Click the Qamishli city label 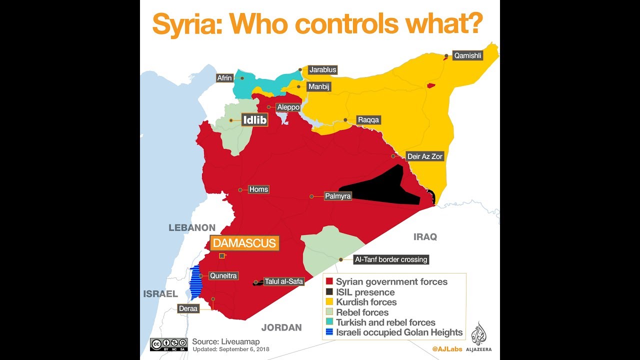coord(467,56)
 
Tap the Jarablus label coord(322,69)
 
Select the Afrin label coord(224,78)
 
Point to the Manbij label coord(319,87)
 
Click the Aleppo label coord(289,107)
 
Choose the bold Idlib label coord(254,120)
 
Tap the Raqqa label coord(368,120)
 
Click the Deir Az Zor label coord(425,156)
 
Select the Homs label coord(258,189)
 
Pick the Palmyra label coord(337,196)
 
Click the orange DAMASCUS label coord(244,243)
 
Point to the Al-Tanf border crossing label coord(390,259)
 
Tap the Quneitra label coord(223,275)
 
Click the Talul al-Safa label coord(284,281)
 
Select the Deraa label coord(188,308)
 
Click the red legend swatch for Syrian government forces coord(329,282)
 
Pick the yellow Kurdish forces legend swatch coord(329,302)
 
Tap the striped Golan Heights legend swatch coord(329,332)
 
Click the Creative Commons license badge coord(168,344)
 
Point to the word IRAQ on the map coord(425,236)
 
